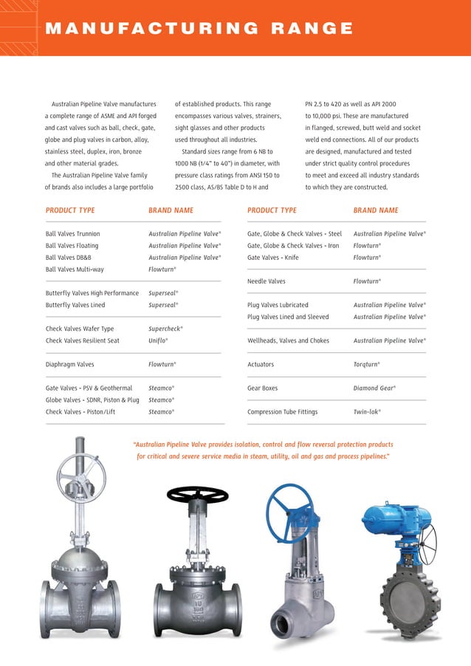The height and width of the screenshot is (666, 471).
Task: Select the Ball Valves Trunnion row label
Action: (x=72, y=233)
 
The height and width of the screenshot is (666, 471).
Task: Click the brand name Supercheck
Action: (x=165, y=329)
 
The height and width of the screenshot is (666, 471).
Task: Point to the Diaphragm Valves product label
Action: (x=70, y=364)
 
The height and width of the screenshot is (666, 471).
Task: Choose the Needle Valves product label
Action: (x=266, y=281)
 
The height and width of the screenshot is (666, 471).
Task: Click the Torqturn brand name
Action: (x=367, y=364)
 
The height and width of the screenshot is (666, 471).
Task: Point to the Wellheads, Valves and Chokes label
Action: (x=288, y=340)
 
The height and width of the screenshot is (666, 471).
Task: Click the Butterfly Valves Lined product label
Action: (x=75, y=305)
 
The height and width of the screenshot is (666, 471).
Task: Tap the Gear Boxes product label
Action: (x=264, y=388)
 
